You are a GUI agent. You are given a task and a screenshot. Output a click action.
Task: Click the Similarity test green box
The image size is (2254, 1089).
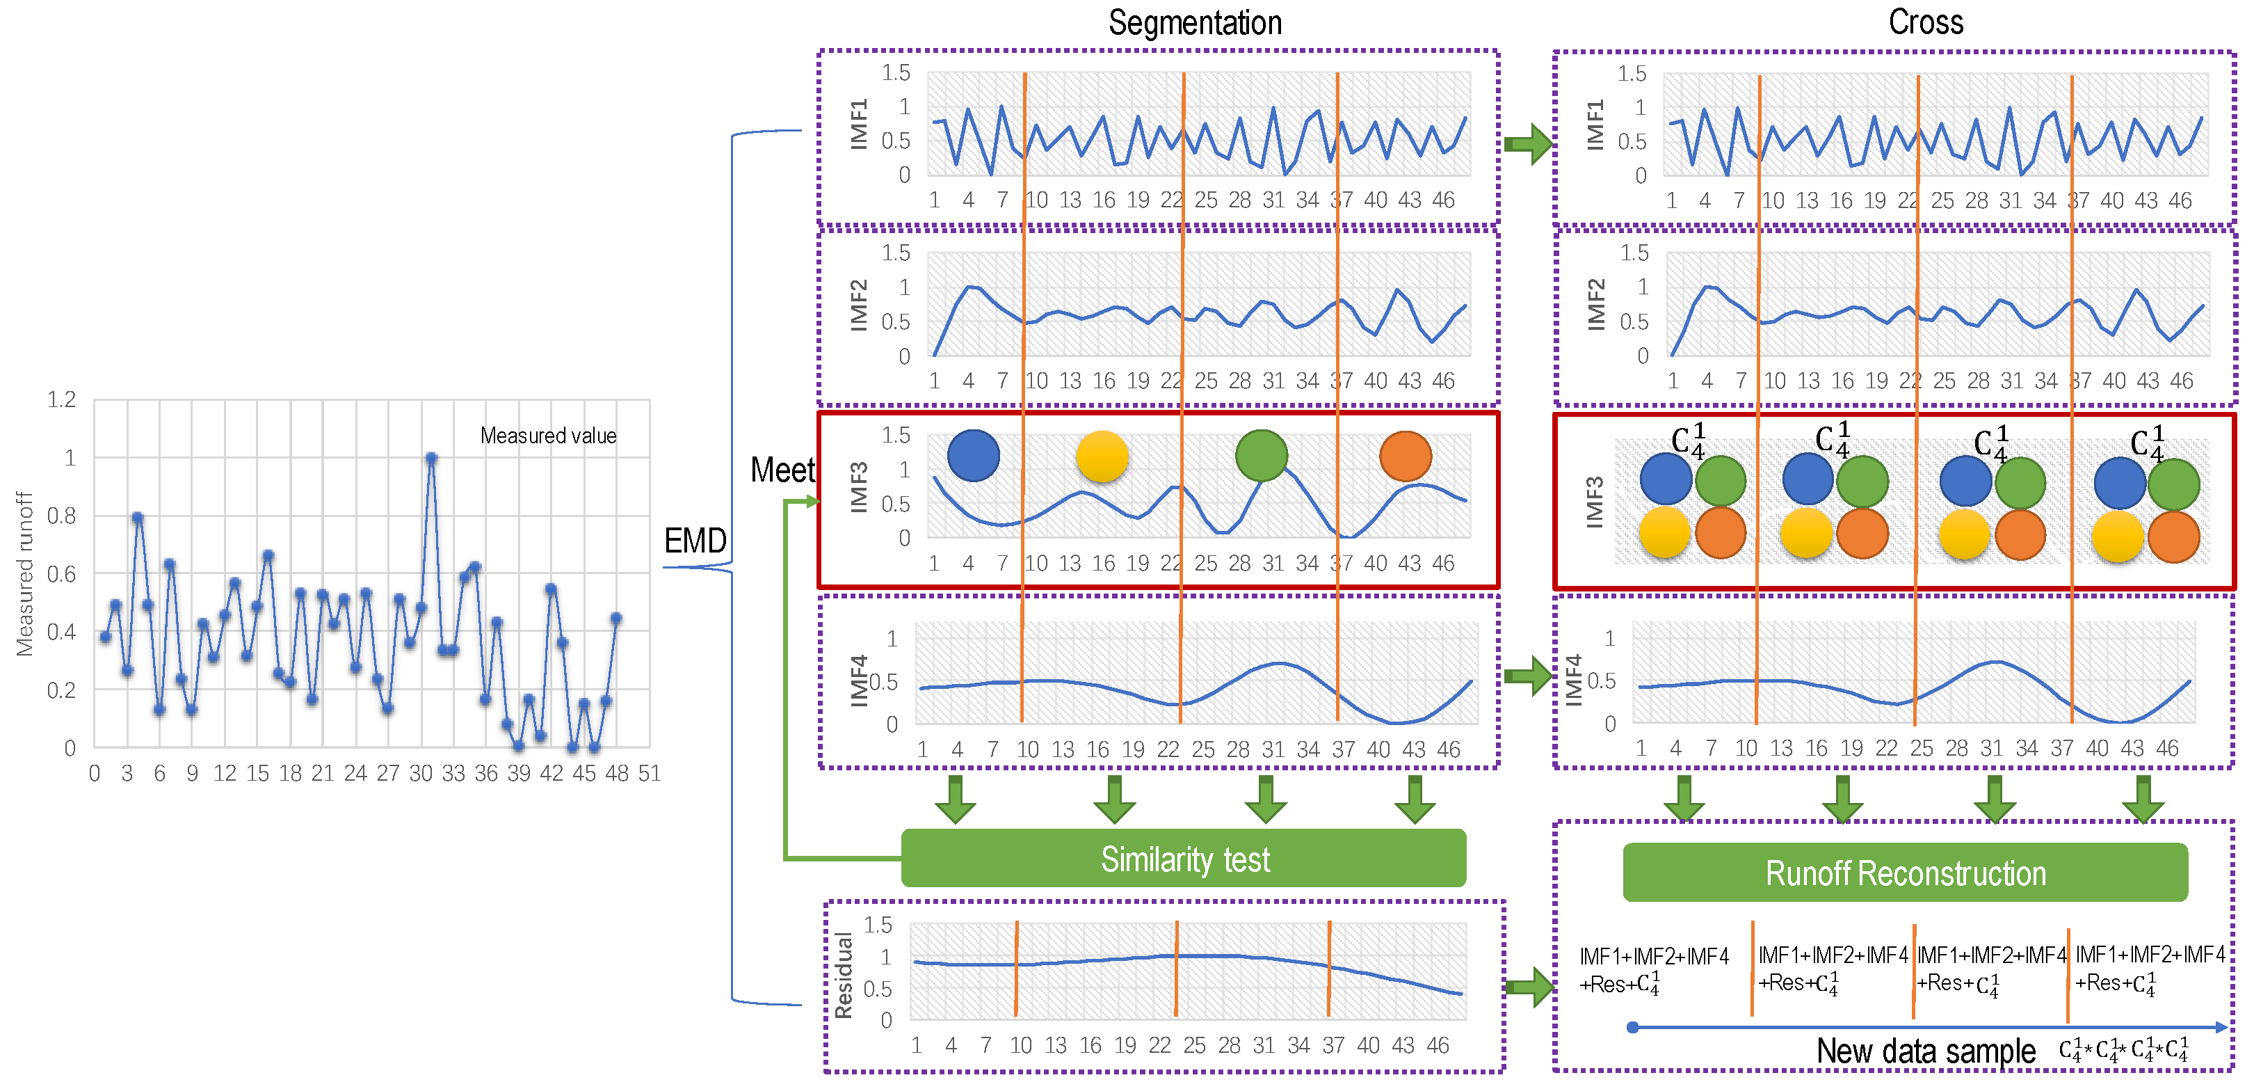coord(1183,859)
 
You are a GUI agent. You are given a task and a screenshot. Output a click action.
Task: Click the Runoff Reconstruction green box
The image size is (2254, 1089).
coord(1905,873)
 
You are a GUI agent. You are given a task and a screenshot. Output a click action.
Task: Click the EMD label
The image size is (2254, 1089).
coord(695,540)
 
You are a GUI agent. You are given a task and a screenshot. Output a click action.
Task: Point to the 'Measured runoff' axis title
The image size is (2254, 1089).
coord(24,573)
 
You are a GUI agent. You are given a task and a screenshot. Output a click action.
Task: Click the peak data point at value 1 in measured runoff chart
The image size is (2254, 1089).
coord(430,458)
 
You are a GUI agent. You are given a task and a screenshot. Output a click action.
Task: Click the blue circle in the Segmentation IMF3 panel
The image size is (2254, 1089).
coord(973,455)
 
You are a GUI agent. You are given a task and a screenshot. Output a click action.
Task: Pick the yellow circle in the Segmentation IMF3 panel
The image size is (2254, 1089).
coord(1102,456)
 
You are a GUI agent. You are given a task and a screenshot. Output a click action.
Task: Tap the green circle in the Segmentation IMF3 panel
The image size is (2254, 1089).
coord(1261,455)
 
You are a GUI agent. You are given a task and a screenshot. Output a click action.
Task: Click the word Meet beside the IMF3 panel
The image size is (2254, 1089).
coord(782,470)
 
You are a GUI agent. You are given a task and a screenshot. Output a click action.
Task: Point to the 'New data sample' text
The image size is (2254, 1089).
coord(1925,1051)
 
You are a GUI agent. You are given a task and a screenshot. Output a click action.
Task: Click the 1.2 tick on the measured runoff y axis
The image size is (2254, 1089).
coord(61,400)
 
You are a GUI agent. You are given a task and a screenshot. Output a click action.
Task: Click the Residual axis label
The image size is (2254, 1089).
coord(844,975)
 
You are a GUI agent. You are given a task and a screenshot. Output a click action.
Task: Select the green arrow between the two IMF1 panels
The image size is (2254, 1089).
coord(1528,143)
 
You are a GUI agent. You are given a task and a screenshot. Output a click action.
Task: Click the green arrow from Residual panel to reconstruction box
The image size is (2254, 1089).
coord(1529,987)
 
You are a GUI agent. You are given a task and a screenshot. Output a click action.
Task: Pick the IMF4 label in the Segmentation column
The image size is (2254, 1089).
coord(860,680)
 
